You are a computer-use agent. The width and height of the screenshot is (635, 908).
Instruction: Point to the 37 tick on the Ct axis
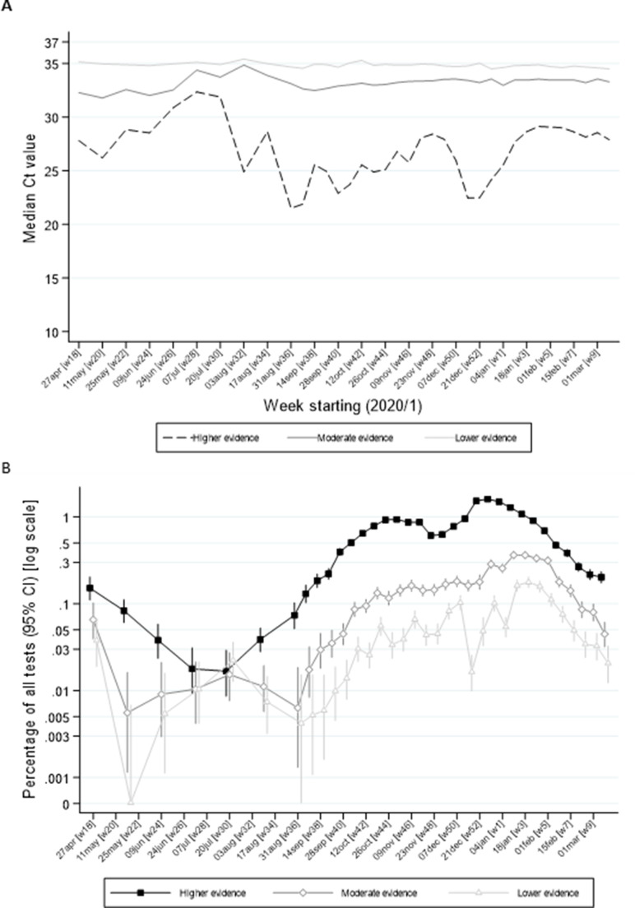[54, 42]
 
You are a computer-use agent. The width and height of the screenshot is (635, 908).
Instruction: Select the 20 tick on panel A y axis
[54, 225]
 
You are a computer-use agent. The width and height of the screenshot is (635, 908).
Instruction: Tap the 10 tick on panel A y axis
[54, 331]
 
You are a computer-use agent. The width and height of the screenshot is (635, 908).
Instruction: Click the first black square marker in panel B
[90, 588]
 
